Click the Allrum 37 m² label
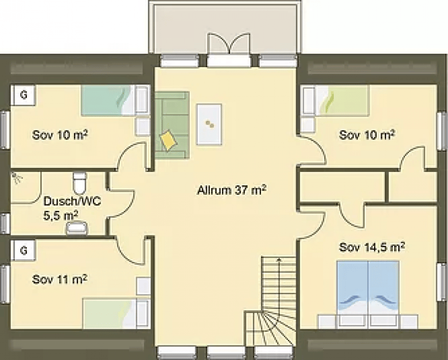tap(232, 190)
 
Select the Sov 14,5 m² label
tap(372, 247)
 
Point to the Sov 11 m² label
tap(60, 279)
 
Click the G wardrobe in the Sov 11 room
tap(24, 251)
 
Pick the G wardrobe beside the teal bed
tap(24, 95)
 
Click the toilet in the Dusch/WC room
tap(79, 183)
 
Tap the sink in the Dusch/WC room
tap(77, 228)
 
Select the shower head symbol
tap(17, 177)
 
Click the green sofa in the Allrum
tap(172, 125)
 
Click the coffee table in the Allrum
tap(209, 124)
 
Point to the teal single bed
tap(108, 100)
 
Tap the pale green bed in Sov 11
tap(110, 314)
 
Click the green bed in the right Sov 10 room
tap(341, 100)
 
